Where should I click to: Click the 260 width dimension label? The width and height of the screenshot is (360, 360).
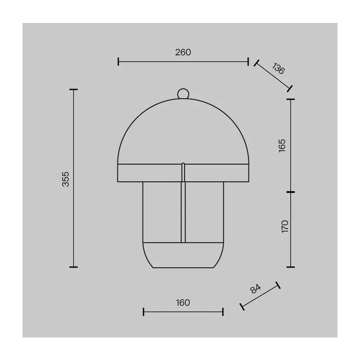click(x=183, y=52)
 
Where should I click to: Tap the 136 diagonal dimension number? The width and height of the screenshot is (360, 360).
click(x=279, y=68)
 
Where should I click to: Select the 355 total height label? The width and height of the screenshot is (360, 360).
click(x=66, y=179)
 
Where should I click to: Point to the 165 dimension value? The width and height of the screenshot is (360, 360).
click(x=282, y=145)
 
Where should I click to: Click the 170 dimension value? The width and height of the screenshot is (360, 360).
click(x=285, y=226)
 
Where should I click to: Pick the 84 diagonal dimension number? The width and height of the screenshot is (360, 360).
click(x=256, y=289)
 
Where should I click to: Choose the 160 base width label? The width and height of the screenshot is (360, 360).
click(x=183, y=302)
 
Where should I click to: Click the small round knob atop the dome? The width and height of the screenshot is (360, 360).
click(x=183, y=94)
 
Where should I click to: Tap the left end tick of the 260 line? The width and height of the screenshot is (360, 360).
click(x=118, y=62)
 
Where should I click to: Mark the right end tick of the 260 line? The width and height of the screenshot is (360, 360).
click(x=248, y=62)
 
